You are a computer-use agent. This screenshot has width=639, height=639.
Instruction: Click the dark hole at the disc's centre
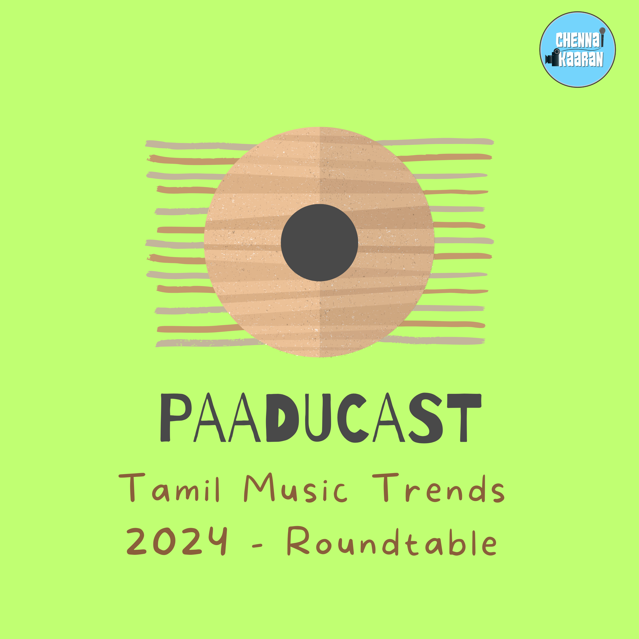319,242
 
